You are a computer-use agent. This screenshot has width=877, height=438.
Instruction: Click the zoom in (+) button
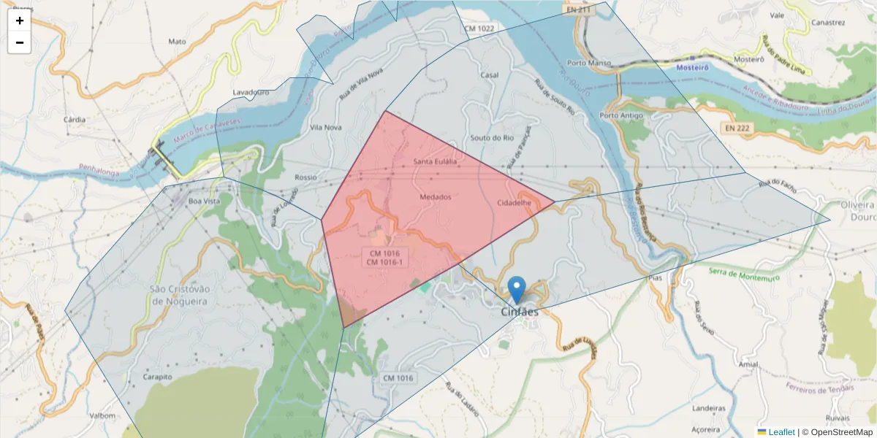(19, 20)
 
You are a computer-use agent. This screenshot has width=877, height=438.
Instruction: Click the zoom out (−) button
(19, 42)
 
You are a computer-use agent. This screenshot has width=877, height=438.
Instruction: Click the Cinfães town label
(520, 312)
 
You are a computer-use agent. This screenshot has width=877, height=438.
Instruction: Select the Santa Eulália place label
(435, 161)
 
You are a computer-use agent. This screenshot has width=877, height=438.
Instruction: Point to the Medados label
(436, 196)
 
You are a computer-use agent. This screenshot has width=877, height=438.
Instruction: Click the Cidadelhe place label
(513, 202)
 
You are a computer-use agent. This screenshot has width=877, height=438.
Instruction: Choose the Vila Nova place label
(326, 127)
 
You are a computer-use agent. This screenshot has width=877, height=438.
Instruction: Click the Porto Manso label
(588, 63)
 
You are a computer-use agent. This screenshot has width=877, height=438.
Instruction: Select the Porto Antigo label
(620, 115)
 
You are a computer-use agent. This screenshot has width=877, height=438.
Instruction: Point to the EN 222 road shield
(738, 128)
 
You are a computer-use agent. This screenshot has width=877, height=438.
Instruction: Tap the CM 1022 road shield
(479, 28)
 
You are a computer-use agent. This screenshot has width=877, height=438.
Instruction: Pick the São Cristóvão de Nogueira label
(179, 294)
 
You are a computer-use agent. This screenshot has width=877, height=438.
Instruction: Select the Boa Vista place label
(204, 201)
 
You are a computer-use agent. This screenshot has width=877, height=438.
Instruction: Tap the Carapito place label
(158, 377)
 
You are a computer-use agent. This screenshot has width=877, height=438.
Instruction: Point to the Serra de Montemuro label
(743, 274)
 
